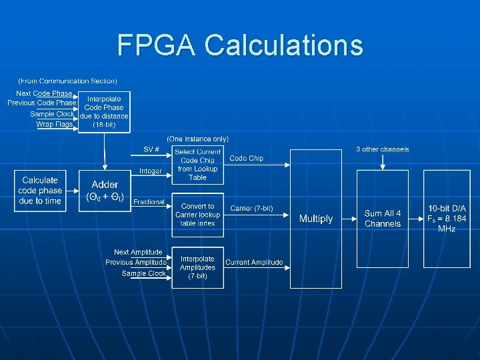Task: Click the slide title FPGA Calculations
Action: pyautogui.click(x=240, y=45)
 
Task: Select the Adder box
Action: pyautogui.click(x=105, y=191)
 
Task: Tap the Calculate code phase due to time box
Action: pyautogui.click(x=40, y=191)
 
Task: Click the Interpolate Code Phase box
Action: pyautogui.click(x=105, y=111)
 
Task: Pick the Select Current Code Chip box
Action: pyautogui.click(x=197, y=165)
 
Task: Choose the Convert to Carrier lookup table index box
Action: pyautogui.click(x=197, y=215)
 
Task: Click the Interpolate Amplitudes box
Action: pyautogui.click(x=197, y=267)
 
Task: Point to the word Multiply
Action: pyautogui.click(x=315, y=219)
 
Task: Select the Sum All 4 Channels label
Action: pyautogui.click(x=383, y=219)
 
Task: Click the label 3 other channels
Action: pyautogui.click(x=383, y=149)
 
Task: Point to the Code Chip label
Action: pyautogui.click(x=246, y=158)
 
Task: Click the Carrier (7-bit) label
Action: pyautogui.click(x=251, y=209)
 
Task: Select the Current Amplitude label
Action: pyautogui.click(x=254, y=263)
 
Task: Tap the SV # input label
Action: pyautogui.click(x=151, y=149)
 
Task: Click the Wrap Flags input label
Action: pyautogui.click(x=54, y=124)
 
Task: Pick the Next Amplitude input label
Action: pyautogui.click(x=138, y=252)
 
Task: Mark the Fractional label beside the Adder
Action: pyautogui.click(x=149, y=202)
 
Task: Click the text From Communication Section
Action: pyautogui.click(x=67, y=81)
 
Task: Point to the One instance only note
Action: pyautogui.click(x=197, y=139)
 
